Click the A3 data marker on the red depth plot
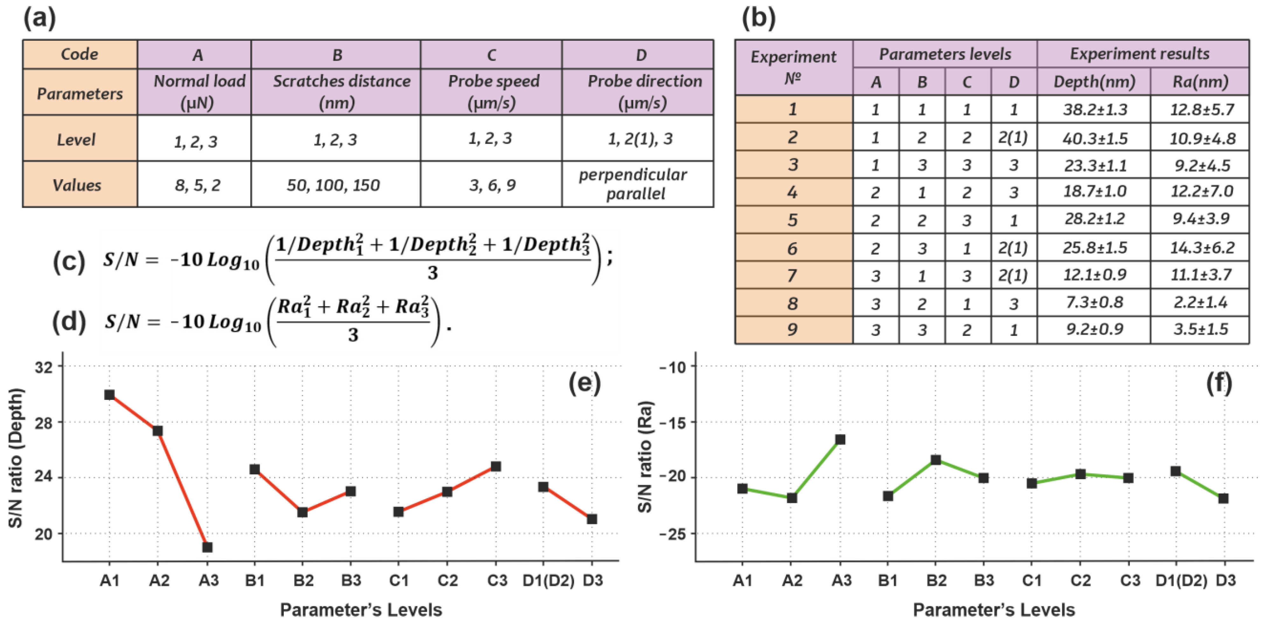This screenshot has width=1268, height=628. point(207,547)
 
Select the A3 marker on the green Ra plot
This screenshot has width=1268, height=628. point(840,439)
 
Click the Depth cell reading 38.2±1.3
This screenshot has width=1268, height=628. point(1095,109)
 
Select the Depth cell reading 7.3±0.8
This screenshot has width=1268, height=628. point(1095,302)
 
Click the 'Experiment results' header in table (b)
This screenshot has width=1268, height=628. point(1139,54)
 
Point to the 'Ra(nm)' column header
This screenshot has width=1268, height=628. point(1201,82)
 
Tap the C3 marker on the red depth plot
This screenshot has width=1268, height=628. point(496,466)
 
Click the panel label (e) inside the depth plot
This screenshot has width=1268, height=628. point(585,383)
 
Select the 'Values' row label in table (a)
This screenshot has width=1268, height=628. point(77,185)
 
